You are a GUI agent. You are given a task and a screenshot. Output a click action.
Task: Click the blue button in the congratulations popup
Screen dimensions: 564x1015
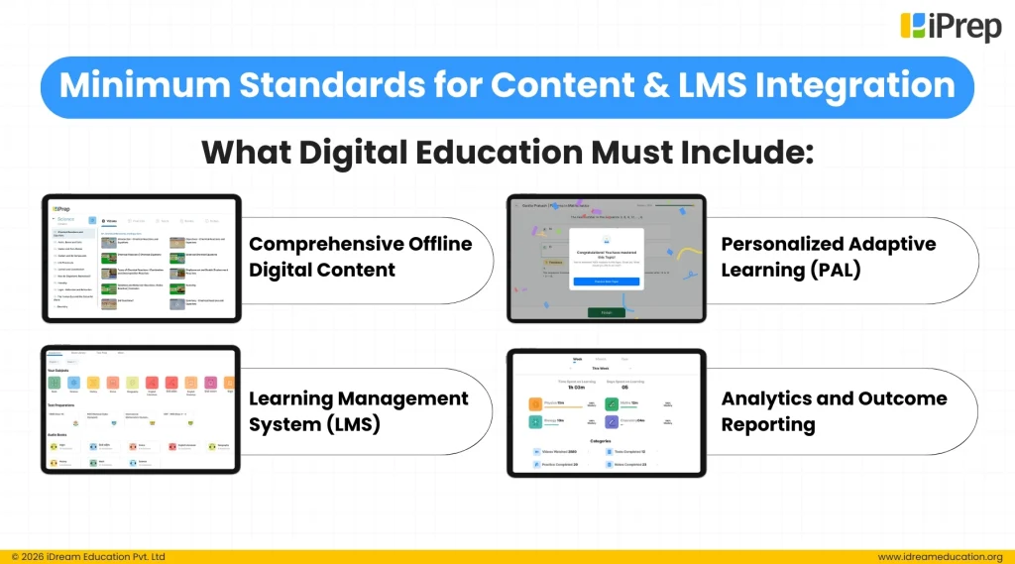(x=606, y=282)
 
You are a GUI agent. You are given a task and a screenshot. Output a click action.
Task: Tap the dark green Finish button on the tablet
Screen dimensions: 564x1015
(x=606, y=312)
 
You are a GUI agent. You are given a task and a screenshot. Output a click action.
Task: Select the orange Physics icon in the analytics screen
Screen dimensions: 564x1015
(x=535, y=403)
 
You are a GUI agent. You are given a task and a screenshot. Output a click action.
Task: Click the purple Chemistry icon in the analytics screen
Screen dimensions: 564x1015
(x=612, y=403)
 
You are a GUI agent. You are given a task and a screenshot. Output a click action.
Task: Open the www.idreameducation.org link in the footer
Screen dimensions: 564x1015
(x=940, y=556)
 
